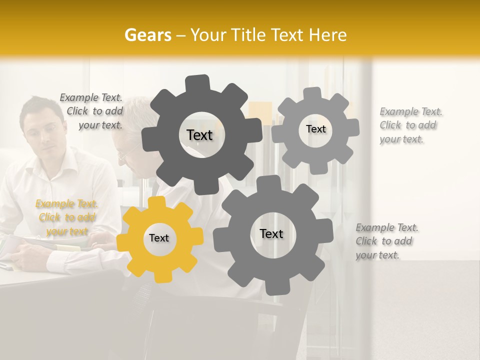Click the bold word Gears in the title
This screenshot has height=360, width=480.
[148, 35]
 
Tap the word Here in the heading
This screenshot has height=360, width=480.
[329, 35]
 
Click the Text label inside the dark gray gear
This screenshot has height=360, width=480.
[199, 135]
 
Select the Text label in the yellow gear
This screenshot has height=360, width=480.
[159, 238]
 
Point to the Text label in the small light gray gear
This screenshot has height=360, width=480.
[315, 129]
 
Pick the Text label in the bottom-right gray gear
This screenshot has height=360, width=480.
[271, 233]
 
